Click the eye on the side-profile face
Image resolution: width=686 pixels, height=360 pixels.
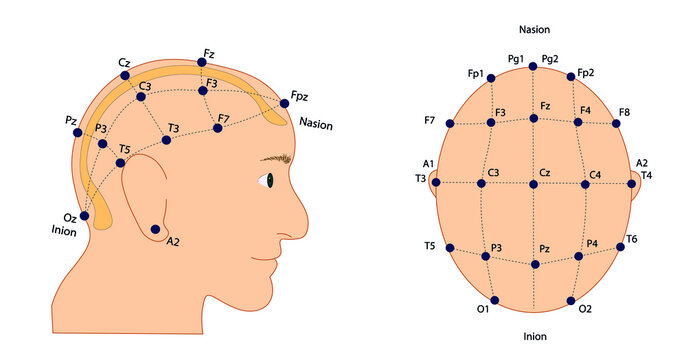coord(267,180)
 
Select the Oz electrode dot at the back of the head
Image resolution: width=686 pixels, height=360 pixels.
coord(85,215)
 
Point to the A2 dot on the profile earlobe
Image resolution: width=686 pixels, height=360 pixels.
coord(155,229)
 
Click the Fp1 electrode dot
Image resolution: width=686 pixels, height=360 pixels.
coord(492,81)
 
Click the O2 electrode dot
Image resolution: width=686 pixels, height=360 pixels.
coord(572,299)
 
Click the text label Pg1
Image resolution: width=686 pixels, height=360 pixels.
coord(516,59)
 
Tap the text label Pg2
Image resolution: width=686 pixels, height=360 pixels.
coord(551,59)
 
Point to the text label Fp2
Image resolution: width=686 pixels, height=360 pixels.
coord(586,74)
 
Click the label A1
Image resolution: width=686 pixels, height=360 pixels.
coord(428,163)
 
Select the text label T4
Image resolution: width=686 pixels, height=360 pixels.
coord(646,176)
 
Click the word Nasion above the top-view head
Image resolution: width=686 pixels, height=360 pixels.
coord(534,30)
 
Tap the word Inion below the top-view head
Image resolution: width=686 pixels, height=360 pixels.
coord(534,336)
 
